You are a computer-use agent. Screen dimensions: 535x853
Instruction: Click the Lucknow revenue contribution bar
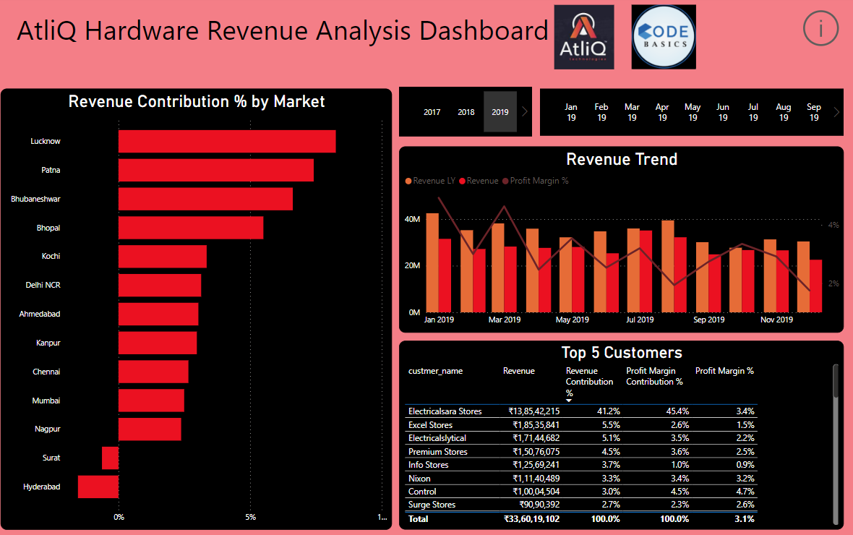click(x=227, y=142)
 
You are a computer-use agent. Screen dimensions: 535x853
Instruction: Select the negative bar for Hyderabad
click(x=98, y=487)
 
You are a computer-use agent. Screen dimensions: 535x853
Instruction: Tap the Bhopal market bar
click(x=191, y=228)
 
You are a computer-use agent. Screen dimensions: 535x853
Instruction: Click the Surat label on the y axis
click(x=51, y=458)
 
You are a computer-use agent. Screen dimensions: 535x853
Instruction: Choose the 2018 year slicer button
click(x=466, y=112)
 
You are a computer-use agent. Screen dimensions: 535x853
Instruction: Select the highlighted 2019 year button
click(x=500, y=112)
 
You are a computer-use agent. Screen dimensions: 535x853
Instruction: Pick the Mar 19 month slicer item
click(x=632, y=112)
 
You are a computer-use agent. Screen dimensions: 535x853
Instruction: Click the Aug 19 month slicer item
click(x=784, y=112)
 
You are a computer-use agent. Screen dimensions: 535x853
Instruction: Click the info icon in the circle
click(x=820, y=29)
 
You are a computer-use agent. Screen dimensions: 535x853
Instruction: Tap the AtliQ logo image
click(x=584, y=37)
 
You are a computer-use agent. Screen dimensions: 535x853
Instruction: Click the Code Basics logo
click(x=664, y=37)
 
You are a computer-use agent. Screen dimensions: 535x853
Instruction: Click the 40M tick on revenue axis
click(x=412, y=219)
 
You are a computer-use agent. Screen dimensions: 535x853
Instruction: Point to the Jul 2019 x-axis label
click(x=640, y=320)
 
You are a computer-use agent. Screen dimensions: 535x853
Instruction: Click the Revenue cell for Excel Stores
click(x=536, y=425)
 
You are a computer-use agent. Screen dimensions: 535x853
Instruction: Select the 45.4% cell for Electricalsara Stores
click(x=677, y=411)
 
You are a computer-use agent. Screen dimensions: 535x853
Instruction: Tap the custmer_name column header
click(x=435, y=371)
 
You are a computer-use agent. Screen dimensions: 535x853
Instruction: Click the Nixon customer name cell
click(x=419, y=478)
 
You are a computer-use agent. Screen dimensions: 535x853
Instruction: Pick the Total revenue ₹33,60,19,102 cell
click(x=531, y=519)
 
